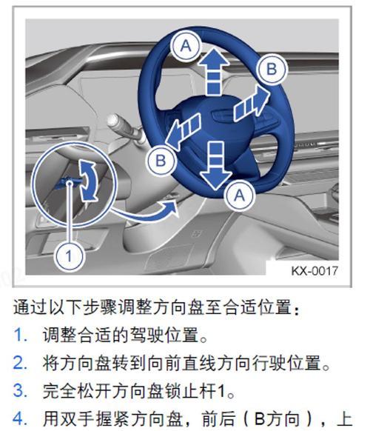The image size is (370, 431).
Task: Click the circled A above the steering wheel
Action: (x=186, y=47)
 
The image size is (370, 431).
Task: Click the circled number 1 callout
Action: (x=68, y=257)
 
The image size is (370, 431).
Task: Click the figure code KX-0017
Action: (x=313, y=271)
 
